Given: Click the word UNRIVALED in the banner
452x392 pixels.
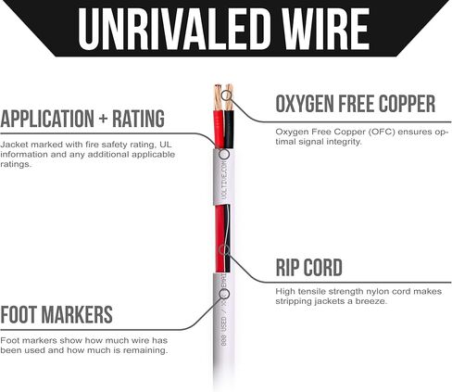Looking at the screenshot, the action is pos(171,29).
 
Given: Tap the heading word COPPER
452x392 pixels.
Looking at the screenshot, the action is pos(408,104).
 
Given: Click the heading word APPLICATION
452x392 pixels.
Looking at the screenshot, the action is pos(47,119).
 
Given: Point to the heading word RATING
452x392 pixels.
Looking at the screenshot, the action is pos(138,119).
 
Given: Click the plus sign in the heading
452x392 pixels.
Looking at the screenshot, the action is pos(103,119).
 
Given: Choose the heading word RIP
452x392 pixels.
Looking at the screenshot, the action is pos(287,267).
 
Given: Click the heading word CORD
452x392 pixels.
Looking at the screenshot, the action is pos(323,267).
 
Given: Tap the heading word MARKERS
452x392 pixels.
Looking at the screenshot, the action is pos(77,315).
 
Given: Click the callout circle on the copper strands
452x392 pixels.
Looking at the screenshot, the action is pos(227,95).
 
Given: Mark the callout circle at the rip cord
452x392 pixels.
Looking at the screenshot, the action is pos(224,250).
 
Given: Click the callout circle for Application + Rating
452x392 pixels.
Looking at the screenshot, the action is pos(224,154).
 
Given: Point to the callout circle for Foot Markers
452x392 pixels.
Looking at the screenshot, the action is pos(224,294).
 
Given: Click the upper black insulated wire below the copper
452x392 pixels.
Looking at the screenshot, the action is pos(229,130).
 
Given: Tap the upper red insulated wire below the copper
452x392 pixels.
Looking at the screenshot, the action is pos(219,130).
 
